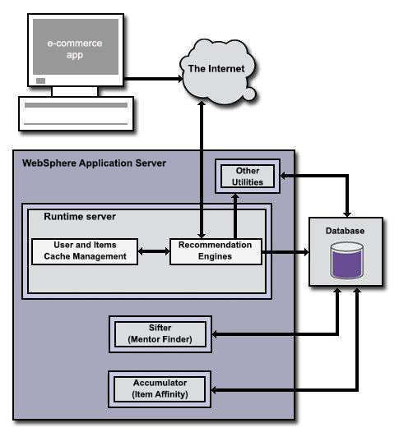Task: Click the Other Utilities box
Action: [247, 176]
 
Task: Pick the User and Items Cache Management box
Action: [84, 250]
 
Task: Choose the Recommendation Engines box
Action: [216, 250]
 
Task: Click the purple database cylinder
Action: [346, 261]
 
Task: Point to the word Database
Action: [345, 231]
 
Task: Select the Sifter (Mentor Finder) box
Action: [160, 333]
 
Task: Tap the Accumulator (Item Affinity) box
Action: [160, 388]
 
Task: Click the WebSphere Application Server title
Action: [94, 163]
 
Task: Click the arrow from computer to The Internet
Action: [152, 79]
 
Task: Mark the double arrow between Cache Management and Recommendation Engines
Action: [152, 250]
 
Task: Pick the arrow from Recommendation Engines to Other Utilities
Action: [234, 215]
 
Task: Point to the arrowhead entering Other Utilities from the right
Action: [285, 176]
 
